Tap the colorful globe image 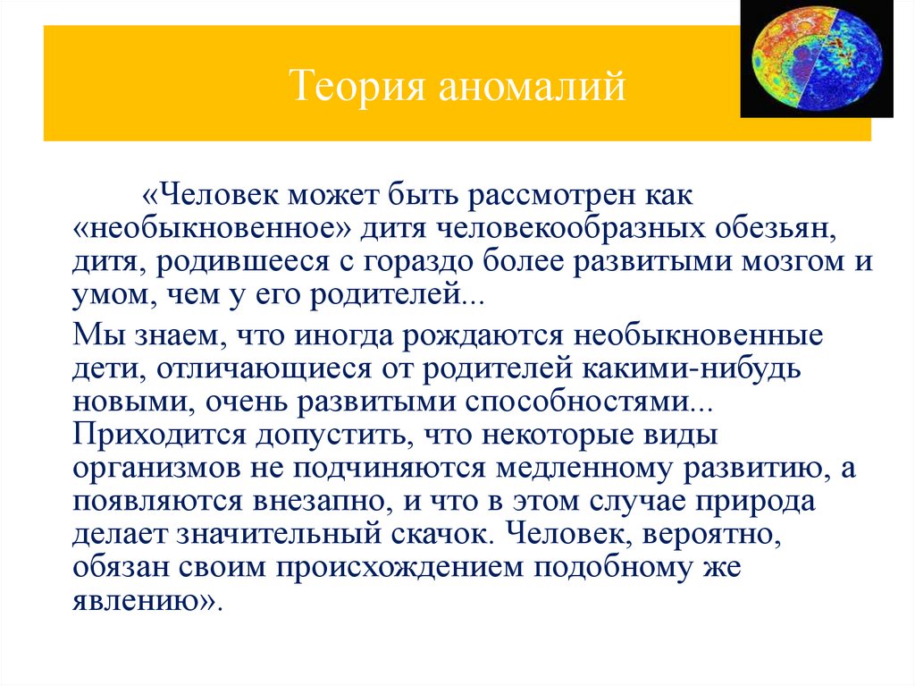tap(816, 59)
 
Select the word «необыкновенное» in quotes tap(212, 230)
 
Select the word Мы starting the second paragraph tap(91, 338)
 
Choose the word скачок tap(438, 534)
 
